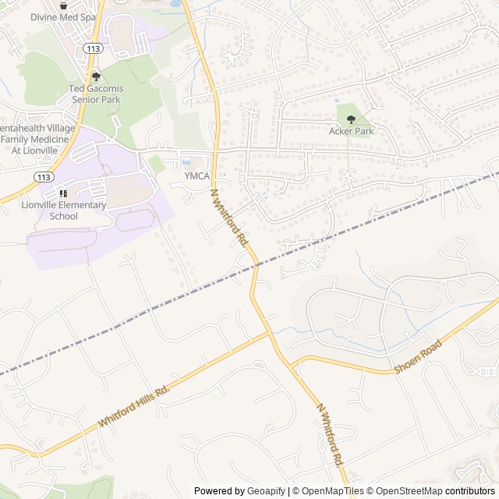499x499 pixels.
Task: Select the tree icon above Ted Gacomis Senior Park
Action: (96, 76)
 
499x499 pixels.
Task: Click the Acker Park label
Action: (351, 131)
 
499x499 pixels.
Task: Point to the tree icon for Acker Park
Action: (351, 119)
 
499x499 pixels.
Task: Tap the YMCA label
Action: (197, 176)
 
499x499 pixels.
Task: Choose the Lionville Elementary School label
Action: (63, 210)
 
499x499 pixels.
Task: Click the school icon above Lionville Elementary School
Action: (63, 193)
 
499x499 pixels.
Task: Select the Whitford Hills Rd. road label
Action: (133, 405)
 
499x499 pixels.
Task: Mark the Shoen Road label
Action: (418, 356)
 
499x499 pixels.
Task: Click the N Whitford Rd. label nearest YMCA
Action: (228, 218)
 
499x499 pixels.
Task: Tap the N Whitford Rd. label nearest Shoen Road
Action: (330, 434)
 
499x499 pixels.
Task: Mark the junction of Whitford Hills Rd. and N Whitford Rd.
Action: (270, 333)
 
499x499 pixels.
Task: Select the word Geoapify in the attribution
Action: (265, 491)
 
